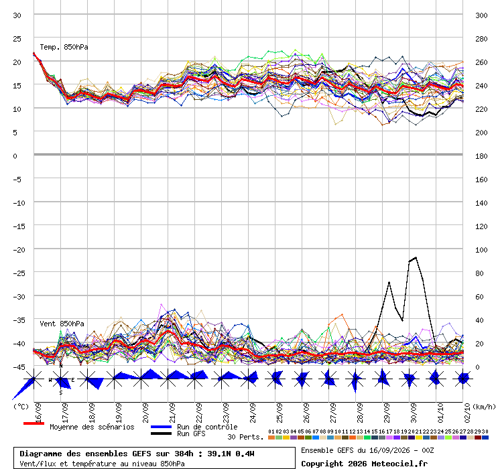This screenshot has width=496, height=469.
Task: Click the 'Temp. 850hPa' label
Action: coord(64,47)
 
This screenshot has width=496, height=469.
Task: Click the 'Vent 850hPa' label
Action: coord(62,324)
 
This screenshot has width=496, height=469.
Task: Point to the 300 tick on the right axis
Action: coord(481,15)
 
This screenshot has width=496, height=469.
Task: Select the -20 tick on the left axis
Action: coord(19,250)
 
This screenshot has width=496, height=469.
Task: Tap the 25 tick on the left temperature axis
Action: coord(17,39)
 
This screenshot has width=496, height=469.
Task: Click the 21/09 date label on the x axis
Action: coord(172,413)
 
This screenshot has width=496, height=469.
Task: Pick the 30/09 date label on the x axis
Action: coord(414,413)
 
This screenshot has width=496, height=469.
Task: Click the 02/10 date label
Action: coord(467,413)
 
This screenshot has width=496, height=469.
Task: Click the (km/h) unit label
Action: coord(484,407)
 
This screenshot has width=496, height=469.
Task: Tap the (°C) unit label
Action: coord(21,407)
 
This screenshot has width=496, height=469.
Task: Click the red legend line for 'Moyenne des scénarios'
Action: coord(34,423)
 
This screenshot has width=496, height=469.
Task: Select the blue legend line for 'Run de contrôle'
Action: coord(162,427)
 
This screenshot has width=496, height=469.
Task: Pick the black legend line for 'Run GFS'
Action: coord(162,433)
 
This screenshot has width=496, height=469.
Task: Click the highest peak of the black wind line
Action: coord(416,257)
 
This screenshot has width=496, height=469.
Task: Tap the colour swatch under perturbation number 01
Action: coord(271,438)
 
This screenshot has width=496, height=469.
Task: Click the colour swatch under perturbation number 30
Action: coord(485,438)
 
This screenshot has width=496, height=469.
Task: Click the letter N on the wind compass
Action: coord(61,366)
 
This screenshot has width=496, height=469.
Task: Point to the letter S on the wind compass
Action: coord(61,393)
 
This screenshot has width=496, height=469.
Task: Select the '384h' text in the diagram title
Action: coord(184,454)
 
